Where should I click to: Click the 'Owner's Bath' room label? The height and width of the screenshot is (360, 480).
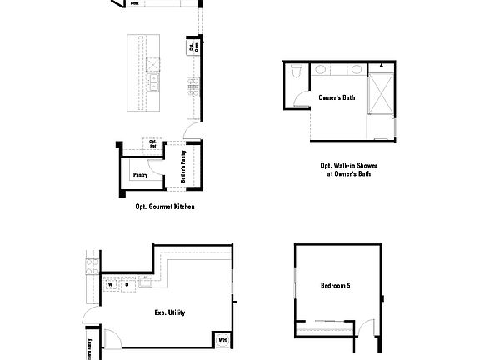coord(337,97)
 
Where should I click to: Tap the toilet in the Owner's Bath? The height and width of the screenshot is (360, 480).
coord(295,77)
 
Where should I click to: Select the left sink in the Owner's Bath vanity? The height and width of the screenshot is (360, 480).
coord(322,70)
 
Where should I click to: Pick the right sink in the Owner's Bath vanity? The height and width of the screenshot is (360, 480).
coord(356,70)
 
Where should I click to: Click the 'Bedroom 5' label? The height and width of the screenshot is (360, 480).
coord(335,286)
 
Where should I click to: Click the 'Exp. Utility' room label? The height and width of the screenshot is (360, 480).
coord(169,312)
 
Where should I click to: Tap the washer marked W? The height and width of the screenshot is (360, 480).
coord(109,284)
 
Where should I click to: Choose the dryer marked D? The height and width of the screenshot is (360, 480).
coord(127,284)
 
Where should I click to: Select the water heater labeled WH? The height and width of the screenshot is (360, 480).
coord(222,339)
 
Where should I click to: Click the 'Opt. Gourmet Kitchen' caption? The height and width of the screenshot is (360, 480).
coord(165,206)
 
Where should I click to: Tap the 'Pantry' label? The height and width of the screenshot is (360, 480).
coord(139,174)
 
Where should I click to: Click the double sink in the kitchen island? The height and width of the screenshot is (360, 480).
coord(154,82)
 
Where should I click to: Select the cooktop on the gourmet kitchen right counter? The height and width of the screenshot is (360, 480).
coord(193,83)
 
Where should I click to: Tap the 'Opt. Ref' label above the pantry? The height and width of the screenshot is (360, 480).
coord(152,143)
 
